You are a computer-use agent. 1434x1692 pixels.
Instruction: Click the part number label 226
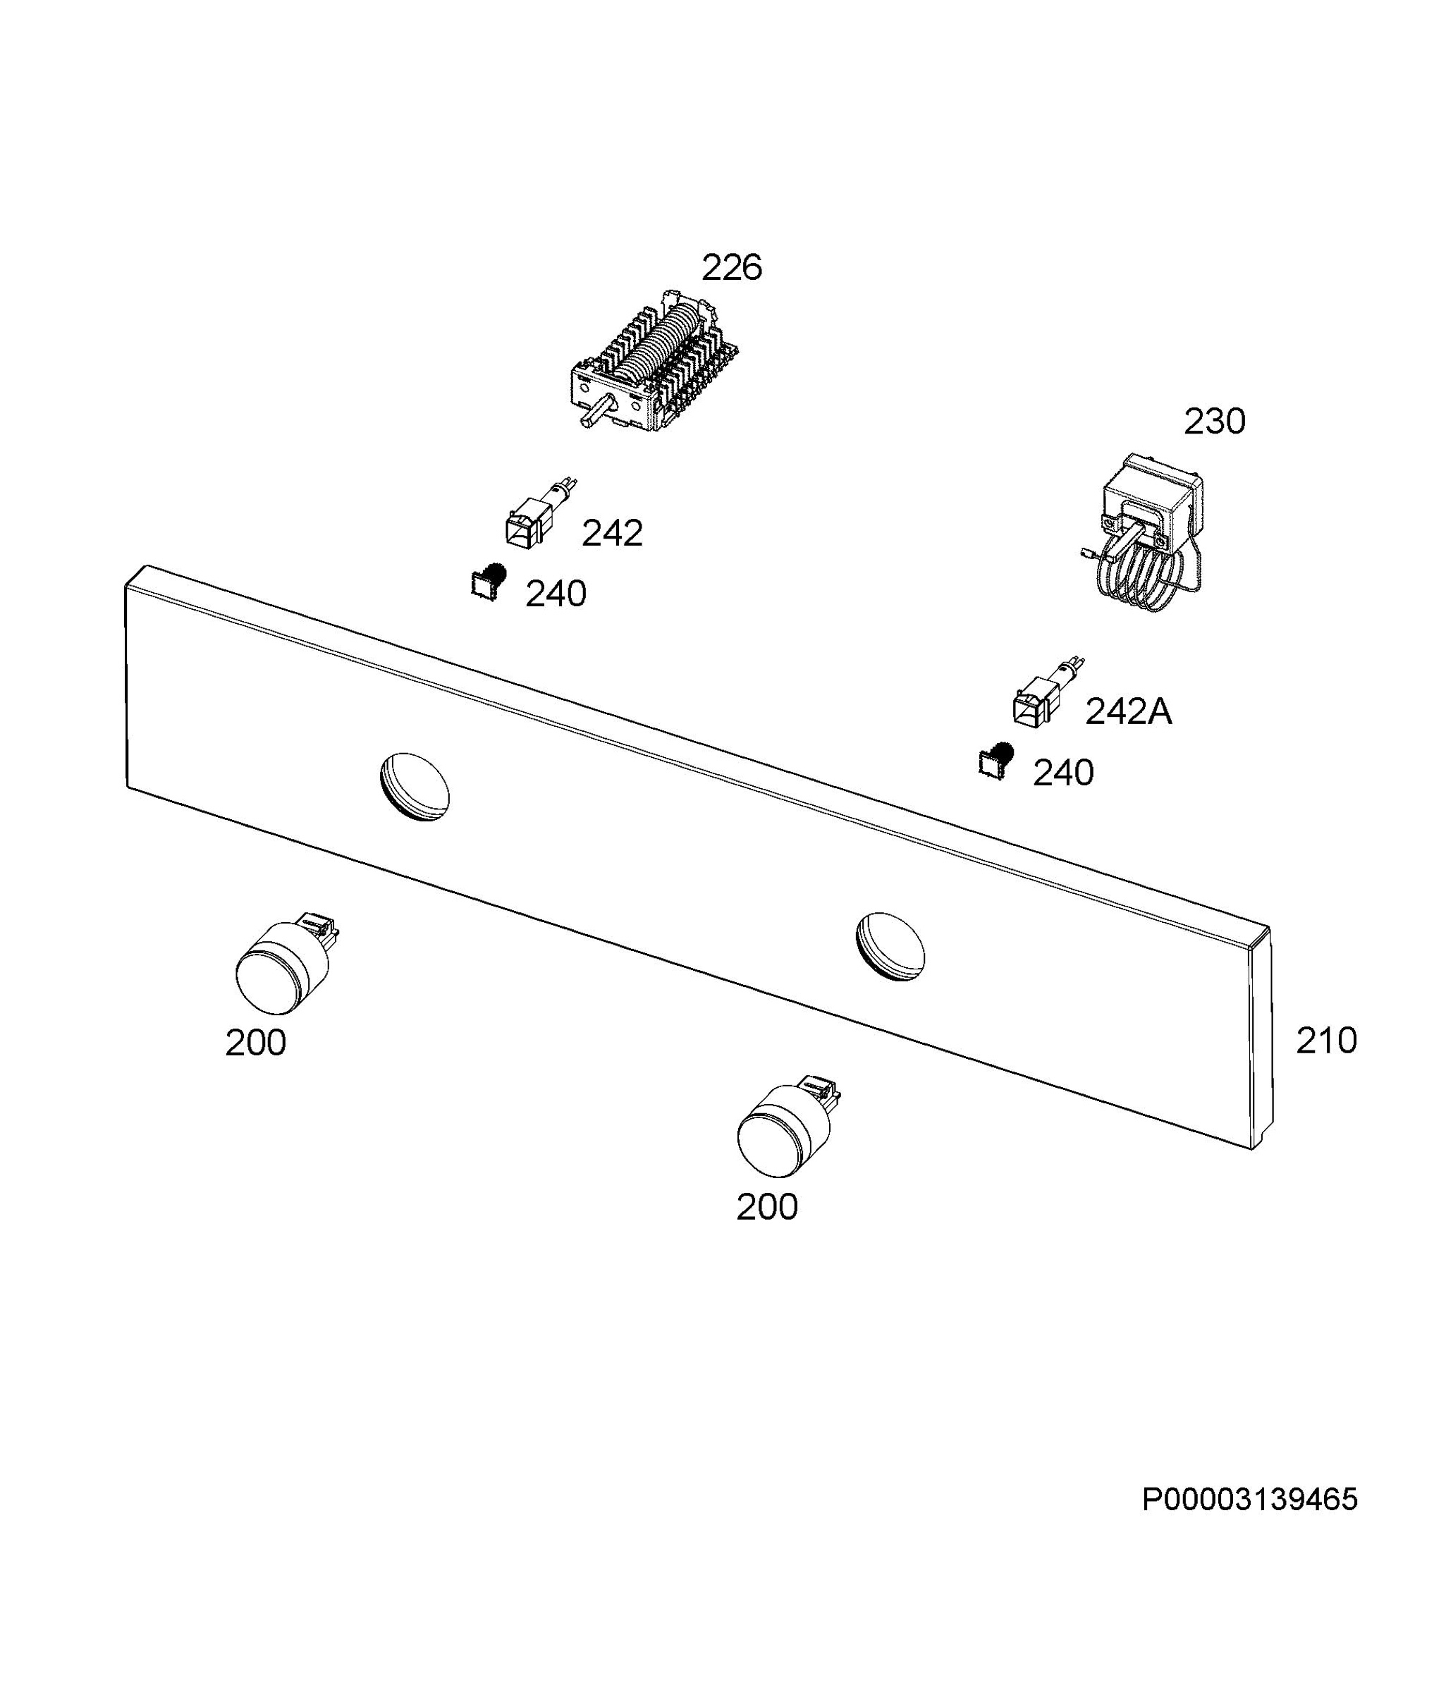(x=732, y=267)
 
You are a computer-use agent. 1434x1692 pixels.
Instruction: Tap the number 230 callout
(x=1214, y=422)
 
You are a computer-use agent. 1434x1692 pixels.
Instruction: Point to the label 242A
(x=1128, y=712)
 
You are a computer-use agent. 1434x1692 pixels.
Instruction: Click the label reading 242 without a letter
(x=612, y=533)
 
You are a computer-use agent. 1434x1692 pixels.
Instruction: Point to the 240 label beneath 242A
(x=1063, y=773)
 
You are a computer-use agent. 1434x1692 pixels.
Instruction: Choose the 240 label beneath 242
(x=556, y=595)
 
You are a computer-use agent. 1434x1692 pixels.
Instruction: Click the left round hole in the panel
(x=415, y=787)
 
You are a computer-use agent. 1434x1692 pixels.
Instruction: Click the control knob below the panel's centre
(x=787, y=1126)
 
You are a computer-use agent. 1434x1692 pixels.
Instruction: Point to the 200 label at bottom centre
(x=766, y=1208)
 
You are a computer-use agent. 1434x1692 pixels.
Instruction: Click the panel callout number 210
(x=1326, y=1041)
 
